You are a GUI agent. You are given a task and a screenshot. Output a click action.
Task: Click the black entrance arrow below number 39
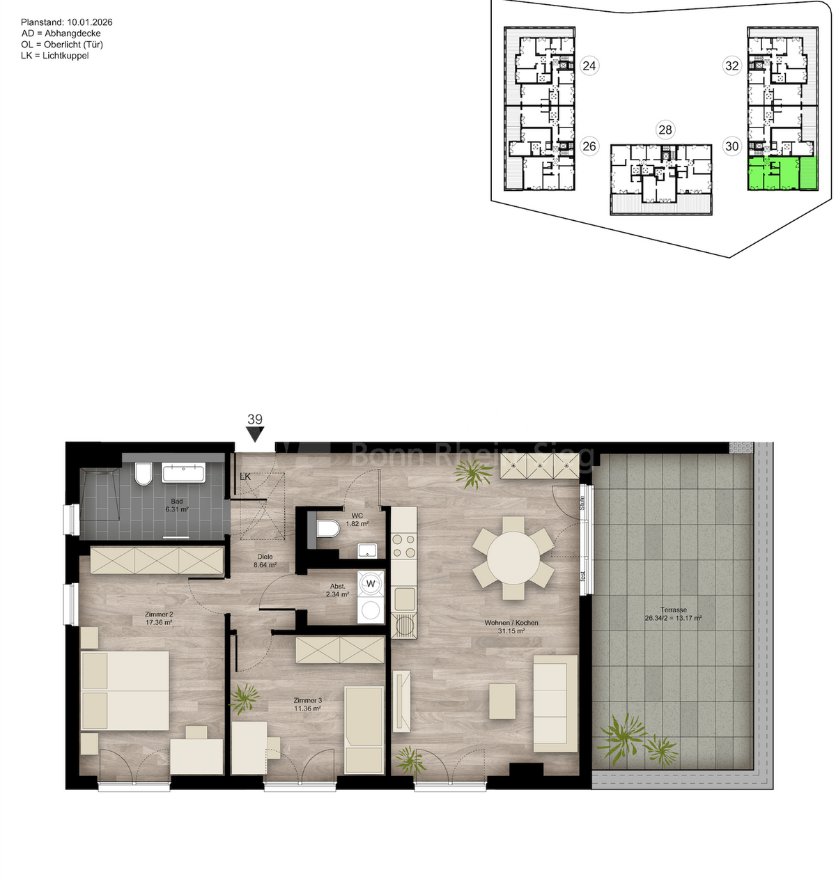(x=256, y=435)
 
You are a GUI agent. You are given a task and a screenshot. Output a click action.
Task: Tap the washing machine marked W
(x=371, y=584)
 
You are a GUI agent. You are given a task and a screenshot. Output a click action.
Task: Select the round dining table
(x=513, y=557)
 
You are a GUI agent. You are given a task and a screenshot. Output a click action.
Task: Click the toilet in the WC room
(x=327, y=528)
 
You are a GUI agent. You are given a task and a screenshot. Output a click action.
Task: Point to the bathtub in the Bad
(x=183, y=473)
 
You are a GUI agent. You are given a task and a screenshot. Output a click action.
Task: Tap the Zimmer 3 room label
(x=307, y=704)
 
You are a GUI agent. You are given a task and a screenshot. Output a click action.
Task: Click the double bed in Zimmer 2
(x=125, y=690)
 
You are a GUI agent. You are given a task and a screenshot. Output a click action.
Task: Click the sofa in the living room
(x=555, y=703)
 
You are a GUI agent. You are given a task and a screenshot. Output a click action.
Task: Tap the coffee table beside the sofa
(x=502, y=701)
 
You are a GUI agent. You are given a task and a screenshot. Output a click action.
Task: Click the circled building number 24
(x=589, y=66)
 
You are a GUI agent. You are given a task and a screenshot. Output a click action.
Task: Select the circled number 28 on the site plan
(x=665, y=130)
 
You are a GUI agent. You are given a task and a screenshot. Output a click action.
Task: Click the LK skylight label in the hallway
(x=245, y=477)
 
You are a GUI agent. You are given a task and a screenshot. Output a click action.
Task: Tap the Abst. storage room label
(x=339, y=591)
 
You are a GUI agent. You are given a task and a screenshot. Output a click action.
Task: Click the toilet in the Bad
(x=144, y=474)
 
